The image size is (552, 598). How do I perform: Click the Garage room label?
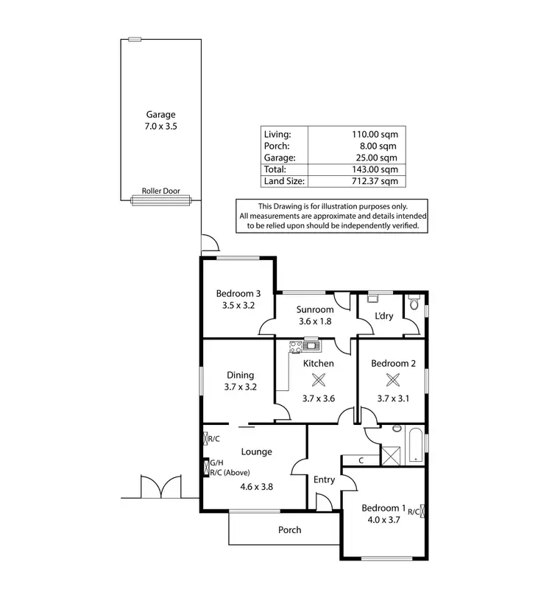160,114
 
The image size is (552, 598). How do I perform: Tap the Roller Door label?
160,191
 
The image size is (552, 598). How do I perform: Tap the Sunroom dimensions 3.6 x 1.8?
315,322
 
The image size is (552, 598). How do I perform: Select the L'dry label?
383,316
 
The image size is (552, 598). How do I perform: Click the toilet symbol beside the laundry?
414,303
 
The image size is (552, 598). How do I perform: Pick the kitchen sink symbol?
311,344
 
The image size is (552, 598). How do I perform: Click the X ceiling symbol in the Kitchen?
319,380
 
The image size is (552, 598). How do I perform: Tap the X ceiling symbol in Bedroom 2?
393,380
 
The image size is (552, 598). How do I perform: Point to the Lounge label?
256,451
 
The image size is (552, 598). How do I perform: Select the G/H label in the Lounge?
216,463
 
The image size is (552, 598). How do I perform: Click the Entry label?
324,479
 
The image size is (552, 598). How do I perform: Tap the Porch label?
289,530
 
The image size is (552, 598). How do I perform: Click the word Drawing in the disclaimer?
292,206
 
